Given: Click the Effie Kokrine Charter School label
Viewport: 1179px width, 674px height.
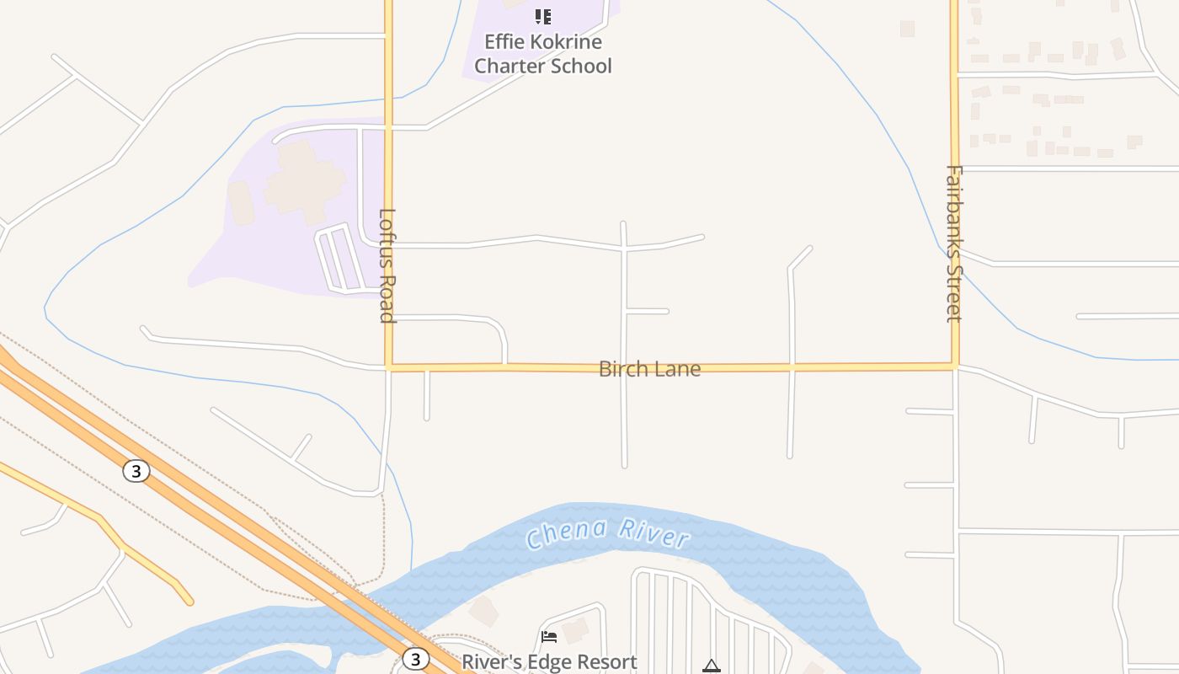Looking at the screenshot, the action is click(x=543, y=54).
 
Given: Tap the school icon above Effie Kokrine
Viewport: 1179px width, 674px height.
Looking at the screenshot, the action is click(x=543, y=16).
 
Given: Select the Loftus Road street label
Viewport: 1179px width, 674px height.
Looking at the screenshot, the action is click(x=387, y=265).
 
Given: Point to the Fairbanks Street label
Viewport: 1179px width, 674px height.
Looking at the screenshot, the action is click(x=953, y=243).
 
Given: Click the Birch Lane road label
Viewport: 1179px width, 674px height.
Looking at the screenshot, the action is click(x=649, y=369).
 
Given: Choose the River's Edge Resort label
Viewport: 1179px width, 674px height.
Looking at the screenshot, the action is click(x=549, y=662).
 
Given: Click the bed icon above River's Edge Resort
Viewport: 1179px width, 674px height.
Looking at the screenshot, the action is click(x=549, y=637).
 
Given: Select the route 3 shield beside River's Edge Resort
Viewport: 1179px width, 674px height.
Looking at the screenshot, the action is click(x=414, y=659).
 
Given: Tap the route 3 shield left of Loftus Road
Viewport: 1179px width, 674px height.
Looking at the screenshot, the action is click(x=136, y=471).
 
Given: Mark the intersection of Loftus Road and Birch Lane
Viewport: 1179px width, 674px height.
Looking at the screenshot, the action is click(x=388, y=367).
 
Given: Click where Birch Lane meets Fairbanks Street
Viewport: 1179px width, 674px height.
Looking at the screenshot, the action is click(x=955, y=366).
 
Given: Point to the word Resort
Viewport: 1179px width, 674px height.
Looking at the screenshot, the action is click(x=606, y=662).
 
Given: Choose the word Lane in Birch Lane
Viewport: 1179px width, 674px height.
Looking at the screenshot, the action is click(x=680, y=369).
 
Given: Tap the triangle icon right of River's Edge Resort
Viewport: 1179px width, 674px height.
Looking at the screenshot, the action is click(x=712, y=666).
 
